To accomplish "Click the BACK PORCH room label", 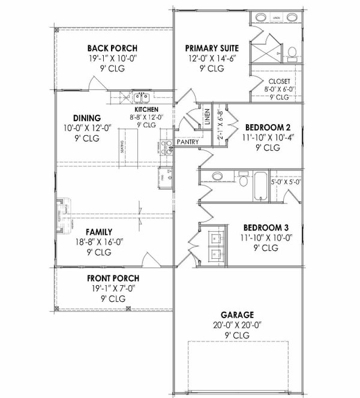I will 112,48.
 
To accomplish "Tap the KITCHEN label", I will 146,110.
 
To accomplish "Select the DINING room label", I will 86,118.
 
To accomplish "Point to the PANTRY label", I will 187,142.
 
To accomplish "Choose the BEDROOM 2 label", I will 268,127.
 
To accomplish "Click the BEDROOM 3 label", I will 268,228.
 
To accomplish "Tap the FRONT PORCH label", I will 113,278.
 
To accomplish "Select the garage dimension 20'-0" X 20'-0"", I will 237,324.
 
